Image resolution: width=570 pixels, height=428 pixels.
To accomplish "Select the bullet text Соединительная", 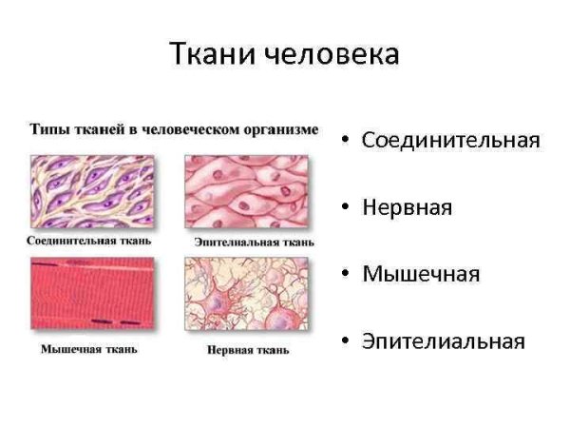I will tap(450, 140).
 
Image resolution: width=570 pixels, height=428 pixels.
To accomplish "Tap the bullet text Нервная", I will tap(407, 207).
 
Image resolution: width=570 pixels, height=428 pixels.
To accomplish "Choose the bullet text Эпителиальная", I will tap(443, 341).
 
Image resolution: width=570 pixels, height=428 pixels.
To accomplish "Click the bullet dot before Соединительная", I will tap(346, 141).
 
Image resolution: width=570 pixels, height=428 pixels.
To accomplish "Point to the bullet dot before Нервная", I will tap(346, 208).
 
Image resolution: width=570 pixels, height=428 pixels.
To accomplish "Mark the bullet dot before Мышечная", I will tap(346, 275).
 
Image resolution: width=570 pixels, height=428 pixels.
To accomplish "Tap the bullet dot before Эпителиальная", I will tap(346, 341).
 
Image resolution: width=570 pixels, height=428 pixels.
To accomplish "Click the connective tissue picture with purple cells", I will tap(91, 190).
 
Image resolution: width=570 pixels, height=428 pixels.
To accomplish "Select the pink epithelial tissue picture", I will tap(247, 190).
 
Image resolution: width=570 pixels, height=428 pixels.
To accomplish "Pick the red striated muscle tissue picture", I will tap(91, 293).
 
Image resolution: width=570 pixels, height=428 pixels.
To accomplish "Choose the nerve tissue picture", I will tap(247, 293).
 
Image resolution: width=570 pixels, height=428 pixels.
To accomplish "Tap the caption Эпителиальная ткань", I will tap(254, 242).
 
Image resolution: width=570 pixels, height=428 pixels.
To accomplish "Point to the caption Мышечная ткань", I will tap(88, 349).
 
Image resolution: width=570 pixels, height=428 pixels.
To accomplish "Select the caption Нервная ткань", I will tap(248, 350).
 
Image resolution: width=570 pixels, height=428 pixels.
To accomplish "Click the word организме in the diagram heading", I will tap(283, 128).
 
